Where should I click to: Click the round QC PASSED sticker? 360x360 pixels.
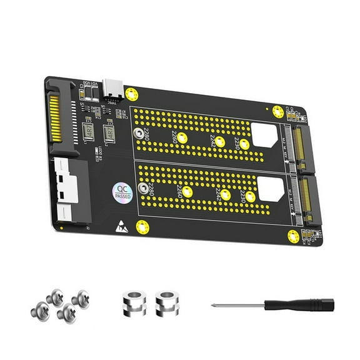[x=122, y=192]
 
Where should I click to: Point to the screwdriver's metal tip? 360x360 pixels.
[x=216, y=306]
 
